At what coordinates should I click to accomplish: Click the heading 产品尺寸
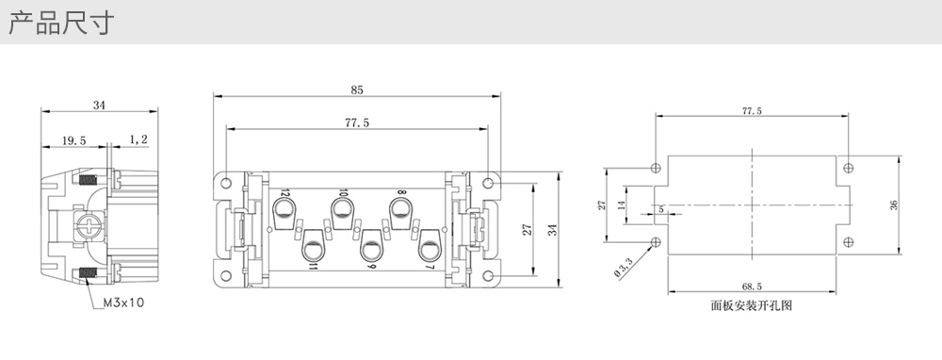[x=60, y=23]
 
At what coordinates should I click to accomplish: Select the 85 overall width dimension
[x=357, y=90]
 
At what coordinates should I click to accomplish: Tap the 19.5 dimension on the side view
[x=73, y=140]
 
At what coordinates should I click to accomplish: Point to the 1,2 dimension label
[x=138, y=139]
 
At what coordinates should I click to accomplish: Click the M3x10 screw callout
[x=123, y=303]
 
